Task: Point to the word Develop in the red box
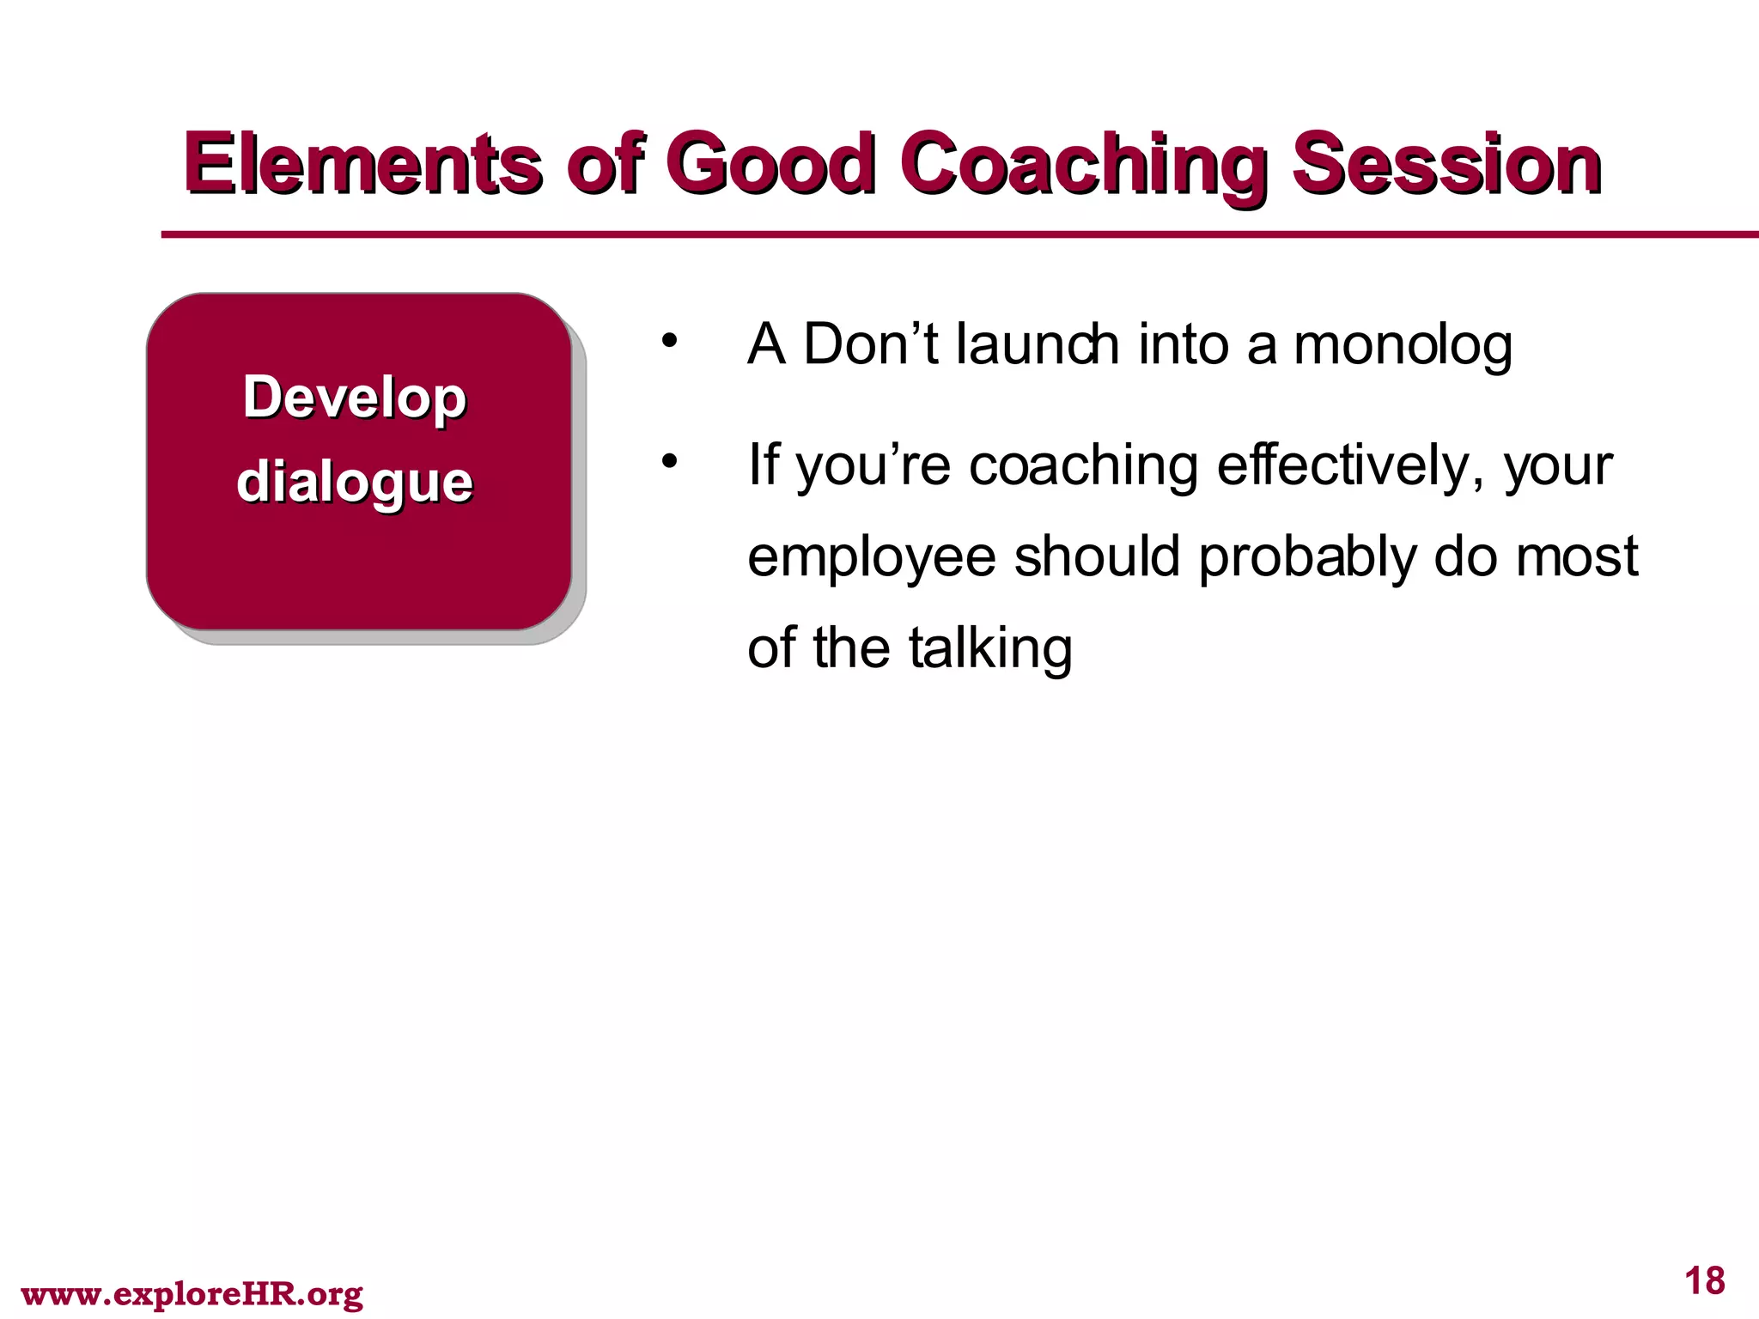354,398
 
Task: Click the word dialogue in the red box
354,483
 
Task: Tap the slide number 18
1704,1280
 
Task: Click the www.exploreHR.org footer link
192,1293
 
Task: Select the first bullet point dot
669,342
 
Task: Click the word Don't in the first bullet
870,343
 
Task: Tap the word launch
1038,343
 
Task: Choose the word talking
990,649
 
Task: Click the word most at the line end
1577,556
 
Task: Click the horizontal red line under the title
945,234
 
